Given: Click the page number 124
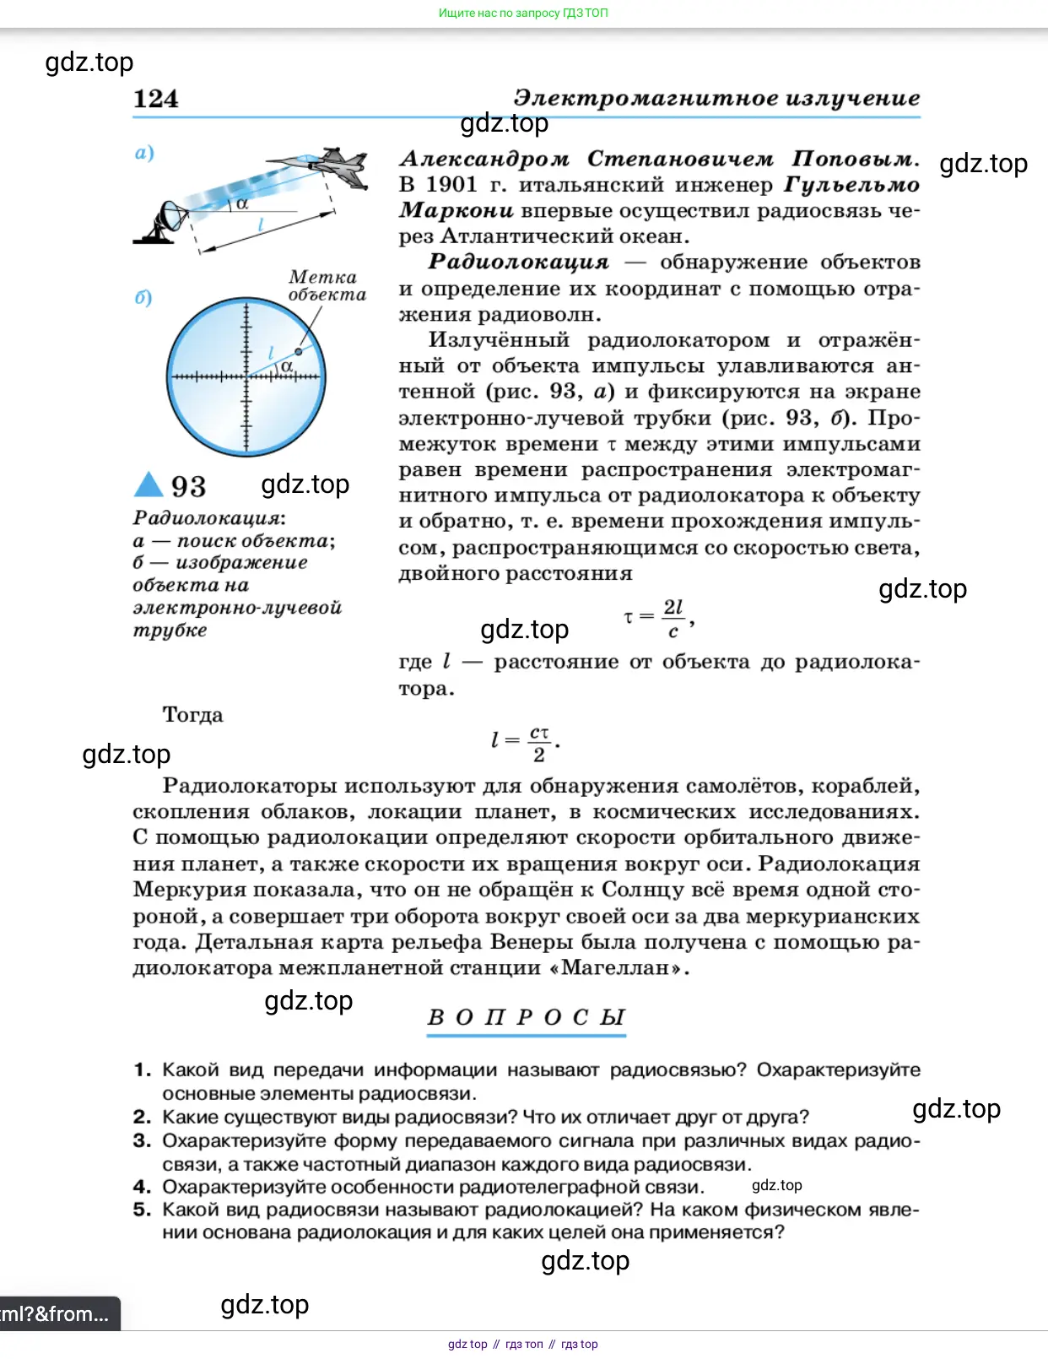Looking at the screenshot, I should (x=156, y=99).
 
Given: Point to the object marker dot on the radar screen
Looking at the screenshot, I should (x=299, y=350).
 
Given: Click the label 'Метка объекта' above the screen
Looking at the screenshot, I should (x=327, y=285).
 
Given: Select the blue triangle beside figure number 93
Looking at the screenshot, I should (x=149, y=485).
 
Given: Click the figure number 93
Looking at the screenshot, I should (x=188, y=486).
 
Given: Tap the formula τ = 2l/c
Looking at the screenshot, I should (x=659, y=619).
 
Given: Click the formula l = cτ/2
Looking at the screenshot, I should (x=525, y=743).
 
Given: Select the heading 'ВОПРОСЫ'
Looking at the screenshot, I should (x=527, y=1017).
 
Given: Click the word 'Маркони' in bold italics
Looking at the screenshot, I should (x=456, y=210).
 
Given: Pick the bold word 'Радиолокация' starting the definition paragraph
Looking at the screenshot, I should (x=518, y=262).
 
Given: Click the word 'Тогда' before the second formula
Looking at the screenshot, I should (x=192, y=715).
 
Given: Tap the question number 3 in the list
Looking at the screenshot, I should (x=142, y=1140).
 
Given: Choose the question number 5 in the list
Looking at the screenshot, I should (x=142, y=1210).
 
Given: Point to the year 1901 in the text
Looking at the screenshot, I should (x=451, y=185).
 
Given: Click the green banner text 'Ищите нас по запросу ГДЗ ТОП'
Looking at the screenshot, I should (x=523, y=13).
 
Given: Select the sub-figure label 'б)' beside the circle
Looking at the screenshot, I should (x=143, y=298).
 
